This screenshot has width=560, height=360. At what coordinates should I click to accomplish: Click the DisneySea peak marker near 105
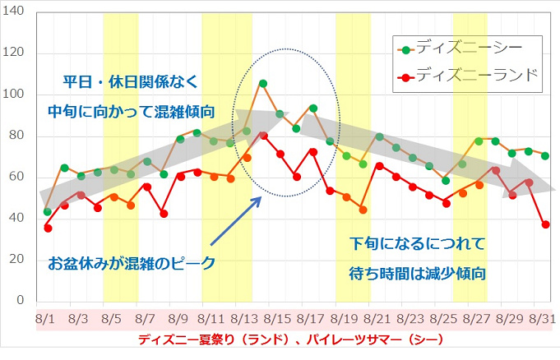pyautogui.click(x=263, y=84)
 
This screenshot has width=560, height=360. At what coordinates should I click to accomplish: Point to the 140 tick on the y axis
pyautogui.click(x=16, y=12)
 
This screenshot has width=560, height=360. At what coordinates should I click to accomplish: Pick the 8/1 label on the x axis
pyautogui.click(x=47, y=316)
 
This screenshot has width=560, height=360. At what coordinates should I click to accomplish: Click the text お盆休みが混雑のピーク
pyautogui.click(x=132, y=265)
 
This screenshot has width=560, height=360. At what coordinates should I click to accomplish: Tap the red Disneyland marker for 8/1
pyautogui.click(x=48, y=228)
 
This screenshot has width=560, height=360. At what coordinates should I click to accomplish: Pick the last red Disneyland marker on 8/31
pyautogui.click(x=546, y=224)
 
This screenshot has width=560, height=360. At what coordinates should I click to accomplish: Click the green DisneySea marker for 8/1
pyautogui.click(x=48, y=211)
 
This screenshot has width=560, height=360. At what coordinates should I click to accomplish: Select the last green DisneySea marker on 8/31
pyautogui.click(x=546, y=156)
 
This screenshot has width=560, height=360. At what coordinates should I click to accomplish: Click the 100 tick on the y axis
pyautogui.click(x=16, y=95)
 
